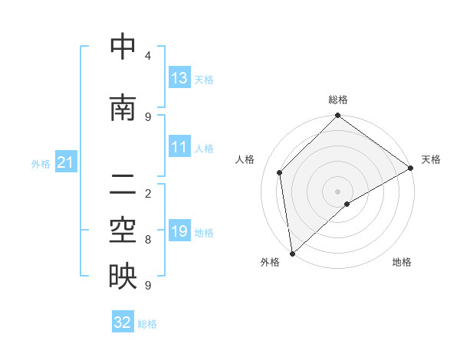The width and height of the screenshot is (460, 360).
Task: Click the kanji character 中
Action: tap(123, 47)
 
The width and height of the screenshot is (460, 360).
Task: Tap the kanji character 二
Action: tap(123, 184)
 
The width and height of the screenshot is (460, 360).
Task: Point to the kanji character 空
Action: tap(123, 231)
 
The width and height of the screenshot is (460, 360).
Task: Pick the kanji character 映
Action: tap(123, 277)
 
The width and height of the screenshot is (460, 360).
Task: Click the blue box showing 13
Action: tap(179, 78)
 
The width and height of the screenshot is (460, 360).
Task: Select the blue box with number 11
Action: tap(179, 147)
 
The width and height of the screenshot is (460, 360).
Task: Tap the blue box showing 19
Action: tap(179, 231)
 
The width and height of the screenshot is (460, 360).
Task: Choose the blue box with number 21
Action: tap(65, 162)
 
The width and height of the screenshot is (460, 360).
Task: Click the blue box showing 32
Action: tap(123, 322)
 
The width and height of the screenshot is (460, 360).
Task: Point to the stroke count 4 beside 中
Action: tap(147, 56)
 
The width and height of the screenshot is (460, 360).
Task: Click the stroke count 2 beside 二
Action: tap(147, 193)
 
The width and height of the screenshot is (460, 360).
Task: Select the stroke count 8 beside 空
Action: tap(147, 240)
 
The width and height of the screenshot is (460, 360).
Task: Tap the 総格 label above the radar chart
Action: tap(337, 100)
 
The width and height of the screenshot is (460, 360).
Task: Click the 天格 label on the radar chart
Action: tap(431, 159)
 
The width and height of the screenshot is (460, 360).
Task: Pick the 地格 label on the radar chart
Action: tap(402, 262)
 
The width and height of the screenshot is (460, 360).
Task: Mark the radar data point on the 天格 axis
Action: tap(411, 168)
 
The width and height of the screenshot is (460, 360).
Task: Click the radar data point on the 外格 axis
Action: tap(292, 253)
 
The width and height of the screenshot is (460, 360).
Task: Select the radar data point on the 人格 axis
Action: tap(280, 172)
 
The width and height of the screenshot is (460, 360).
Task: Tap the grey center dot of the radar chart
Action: tap(337, 191)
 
